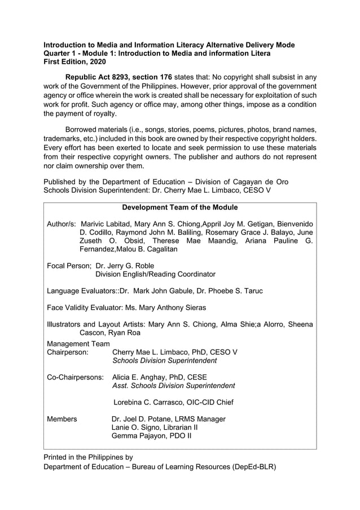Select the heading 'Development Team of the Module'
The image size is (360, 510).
[180, 207]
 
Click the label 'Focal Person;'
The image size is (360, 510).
[69, 265]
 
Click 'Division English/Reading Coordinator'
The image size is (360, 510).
[155, 274]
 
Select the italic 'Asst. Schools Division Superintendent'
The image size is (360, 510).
[174, 386]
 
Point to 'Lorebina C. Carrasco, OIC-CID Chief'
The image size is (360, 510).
[174, 403]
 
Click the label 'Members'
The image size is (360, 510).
[62, 419]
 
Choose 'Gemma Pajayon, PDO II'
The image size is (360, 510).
[152, 437]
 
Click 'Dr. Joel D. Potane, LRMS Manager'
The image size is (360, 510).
[169, 419]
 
